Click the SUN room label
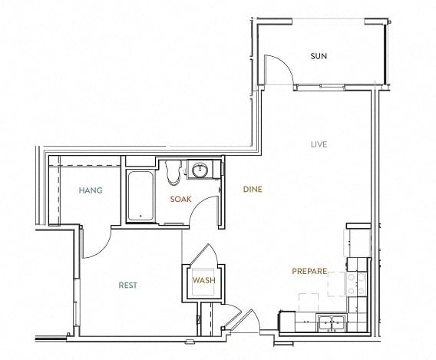coord(319,56)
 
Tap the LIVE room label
coord(319,144)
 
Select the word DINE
coord(253,190)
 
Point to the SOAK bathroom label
coord(180,199)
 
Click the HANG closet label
coord(91,190)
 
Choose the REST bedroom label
coord(128,286)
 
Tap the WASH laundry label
coord(204,280)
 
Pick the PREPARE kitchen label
coord(309,271)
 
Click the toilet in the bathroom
coord(173,173)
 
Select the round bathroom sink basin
coord(200,169)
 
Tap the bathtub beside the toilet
coord(140,197)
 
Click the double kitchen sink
coord(332,322)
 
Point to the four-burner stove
coord(356,283)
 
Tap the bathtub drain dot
coord(140,216)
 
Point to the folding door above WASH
coord(204,254)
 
